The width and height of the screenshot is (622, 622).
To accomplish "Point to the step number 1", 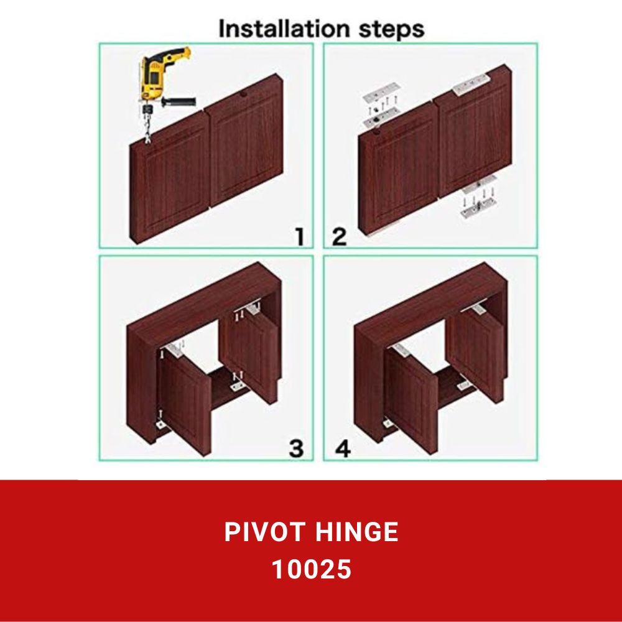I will pos(300,236).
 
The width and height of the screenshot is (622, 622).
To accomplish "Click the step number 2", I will pos(339,236).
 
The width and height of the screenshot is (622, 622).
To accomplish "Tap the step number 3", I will pos(297,448).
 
